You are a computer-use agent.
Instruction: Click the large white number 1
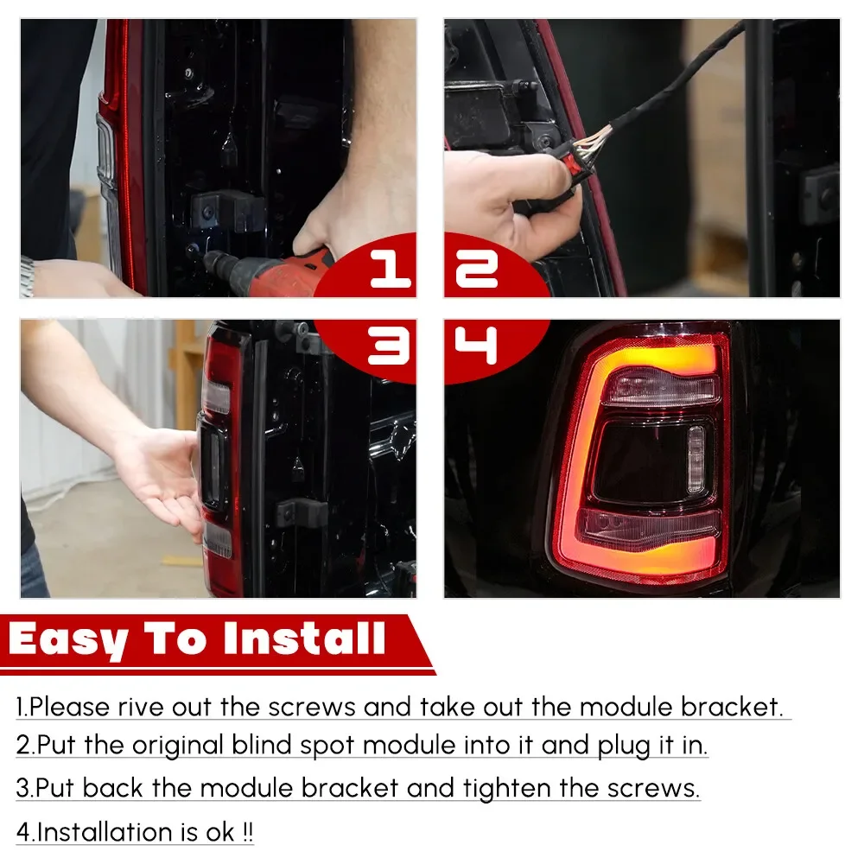[x=391, y=270]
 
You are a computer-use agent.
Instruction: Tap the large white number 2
[x=476, y=270]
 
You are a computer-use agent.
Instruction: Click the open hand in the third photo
[x=164, y=471]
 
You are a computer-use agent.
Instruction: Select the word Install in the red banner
[x=302, y=639]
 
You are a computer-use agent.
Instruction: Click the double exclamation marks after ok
[x=247, y=832]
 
